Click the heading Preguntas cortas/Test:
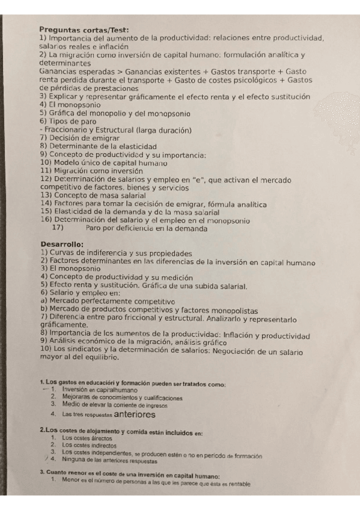(84, 30)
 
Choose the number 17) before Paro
(58, 227)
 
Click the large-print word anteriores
(130, 414)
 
